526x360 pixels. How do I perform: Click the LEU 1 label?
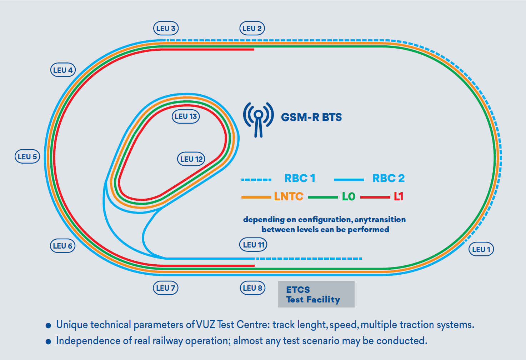481,249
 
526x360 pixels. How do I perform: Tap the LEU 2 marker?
252,29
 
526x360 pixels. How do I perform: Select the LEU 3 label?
166,29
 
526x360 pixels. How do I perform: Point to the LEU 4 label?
63,70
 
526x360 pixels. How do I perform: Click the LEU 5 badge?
27,156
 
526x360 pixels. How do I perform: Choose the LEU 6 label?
62,246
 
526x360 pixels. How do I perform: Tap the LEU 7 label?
165,288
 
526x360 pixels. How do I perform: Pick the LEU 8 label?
252,288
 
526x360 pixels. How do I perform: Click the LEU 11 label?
253,245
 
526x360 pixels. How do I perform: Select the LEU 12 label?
191,159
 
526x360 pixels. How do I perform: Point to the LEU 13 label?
186,116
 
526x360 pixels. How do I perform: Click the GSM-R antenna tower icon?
258,119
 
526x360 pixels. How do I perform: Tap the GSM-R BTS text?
311,117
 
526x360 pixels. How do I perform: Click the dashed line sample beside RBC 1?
256,179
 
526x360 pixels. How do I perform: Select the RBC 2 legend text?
389,178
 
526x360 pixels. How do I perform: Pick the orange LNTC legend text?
289,196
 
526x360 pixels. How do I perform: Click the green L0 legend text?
349,196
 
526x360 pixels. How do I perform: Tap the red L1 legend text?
399,196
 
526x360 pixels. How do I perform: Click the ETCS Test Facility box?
316,294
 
